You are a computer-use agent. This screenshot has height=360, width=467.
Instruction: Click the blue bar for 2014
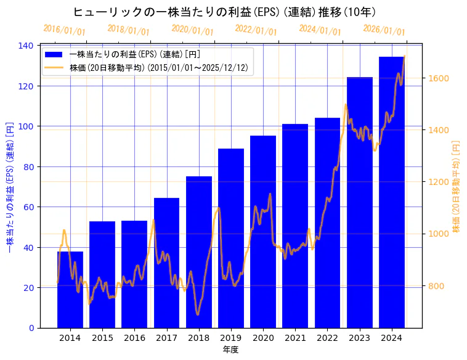click(70, 290)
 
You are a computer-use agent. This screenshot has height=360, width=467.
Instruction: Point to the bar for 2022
click(327, 223)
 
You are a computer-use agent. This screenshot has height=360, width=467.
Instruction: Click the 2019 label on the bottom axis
click(231, 338)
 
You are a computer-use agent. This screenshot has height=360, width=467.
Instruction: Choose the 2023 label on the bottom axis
click(360, 338)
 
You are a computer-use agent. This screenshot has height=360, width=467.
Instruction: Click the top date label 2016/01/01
click(64, 30)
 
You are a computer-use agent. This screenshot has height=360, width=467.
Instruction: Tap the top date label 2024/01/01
click(320, 30)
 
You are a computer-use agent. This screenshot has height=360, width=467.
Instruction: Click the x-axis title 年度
click(230, 350)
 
